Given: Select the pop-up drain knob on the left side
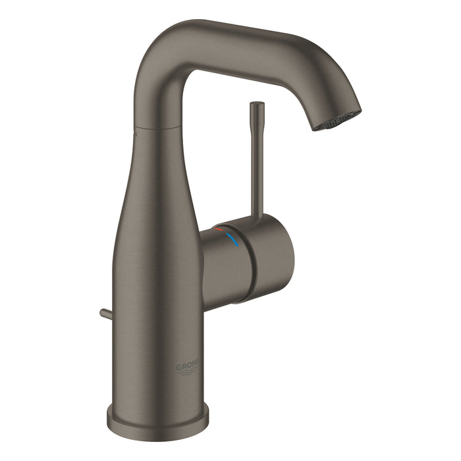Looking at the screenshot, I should [106, 314].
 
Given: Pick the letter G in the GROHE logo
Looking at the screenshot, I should [178, 366].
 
